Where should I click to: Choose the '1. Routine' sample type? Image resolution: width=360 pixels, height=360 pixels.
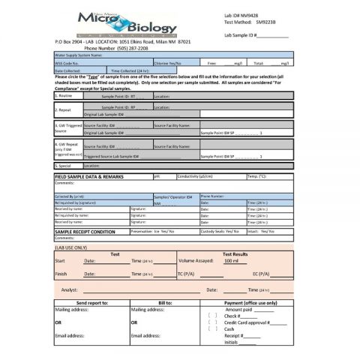[64, 96]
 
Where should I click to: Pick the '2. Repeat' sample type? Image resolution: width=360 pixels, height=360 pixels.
[64, 109]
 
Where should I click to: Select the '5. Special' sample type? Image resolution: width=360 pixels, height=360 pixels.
[64, 165]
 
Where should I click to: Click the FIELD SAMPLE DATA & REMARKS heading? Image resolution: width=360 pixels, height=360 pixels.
[89, 176]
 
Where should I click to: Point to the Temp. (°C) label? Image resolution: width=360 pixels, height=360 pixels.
[257, 175]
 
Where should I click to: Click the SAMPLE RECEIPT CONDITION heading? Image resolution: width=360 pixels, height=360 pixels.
[85, 232]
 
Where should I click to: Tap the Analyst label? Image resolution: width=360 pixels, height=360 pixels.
[69, 289]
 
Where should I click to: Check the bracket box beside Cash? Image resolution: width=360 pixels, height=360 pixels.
[212, 328]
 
